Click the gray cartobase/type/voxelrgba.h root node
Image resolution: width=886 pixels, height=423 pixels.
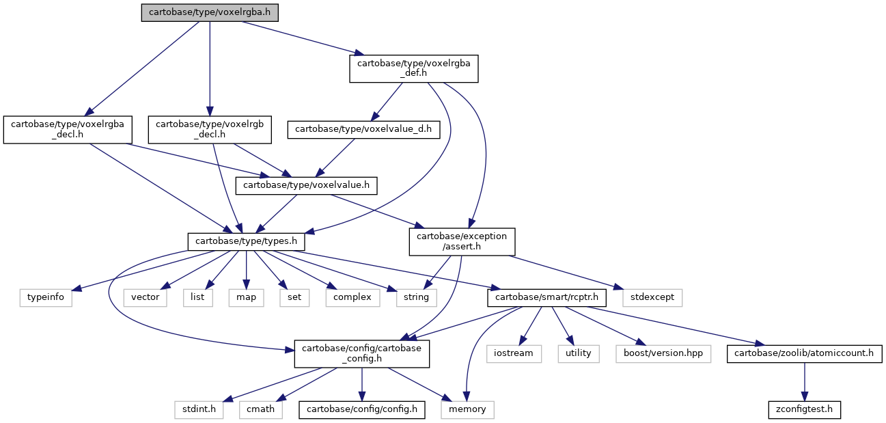(210, 13)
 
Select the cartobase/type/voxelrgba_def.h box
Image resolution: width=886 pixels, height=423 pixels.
(414, 69)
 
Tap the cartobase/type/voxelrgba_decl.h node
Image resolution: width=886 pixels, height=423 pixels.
(68, 130)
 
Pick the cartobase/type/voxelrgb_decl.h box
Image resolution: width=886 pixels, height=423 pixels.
(210, 130)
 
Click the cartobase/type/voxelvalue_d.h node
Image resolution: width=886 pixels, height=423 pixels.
(363, 130)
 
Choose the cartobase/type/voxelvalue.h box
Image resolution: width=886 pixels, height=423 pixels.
(306, 186)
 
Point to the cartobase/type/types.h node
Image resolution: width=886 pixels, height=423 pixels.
(246, 242)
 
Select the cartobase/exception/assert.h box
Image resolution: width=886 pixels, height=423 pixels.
(462, 242)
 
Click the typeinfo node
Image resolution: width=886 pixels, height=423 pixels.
(46, 297)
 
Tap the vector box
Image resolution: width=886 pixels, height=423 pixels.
(145, 297)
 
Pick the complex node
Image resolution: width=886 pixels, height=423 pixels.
(352, 297)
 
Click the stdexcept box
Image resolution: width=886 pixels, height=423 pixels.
(652, 297)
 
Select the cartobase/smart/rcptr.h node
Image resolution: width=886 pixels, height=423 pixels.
(546, 297)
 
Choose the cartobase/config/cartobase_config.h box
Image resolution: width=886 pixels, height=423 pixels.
(361, 354)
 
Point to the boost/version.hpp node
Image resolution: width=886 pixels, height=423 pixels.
(663, 354)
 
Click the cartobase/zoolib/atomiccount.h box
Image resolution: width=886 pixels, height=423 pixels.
(804, 354)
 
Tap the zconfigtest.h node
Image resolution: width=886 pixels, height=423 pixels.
(804, 409)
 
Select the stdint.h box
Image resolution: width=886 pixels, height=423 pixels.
(199, 409)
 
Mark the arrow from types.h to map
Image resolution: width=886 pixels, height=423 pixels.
(246, 270)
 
